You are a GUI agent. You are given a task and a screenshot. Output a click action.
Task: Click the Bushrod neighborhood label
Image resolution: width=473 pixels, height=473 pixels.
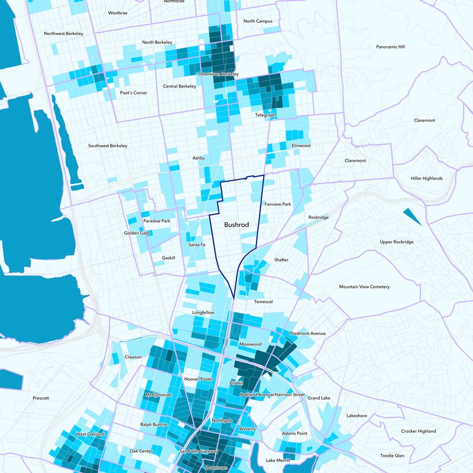237,225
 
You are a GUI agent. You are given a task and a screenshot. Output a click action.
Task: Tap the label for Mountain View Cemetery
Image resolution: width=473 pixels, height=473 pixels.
364,287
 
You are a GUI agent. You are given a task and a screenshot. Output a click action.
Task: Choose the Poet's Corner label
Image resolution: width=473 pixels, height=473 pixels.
133,93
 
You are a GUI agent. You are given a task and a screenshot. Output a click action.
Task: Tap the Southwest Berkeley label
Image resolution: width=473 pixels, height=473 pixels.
108,145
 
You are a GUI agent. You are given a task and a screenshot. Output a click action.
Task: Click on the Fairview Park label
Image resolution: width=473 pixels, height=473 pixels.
278,204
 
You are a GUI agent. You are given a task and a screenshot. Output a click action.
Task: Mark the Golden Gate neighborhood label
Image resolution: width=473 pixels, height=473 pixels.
137,233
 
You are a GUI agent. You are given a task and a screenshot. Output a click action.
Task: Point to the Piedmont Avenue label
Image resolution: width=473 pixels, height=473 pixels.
308,333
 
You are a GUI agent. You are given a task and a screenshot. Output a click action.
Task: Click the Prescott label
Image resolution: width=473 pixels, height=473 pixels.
41,398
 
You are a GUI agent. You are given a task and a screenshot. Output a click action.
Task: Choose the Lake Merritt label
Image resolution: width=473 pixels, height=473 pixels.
278,460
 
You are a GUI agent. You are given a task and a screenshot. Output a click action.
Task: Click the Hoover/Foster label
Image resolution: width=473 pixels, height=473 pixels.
198,378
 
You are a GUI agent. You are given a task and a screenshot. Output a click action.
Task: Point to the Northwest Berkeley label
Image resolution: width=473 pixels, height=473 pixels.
62,34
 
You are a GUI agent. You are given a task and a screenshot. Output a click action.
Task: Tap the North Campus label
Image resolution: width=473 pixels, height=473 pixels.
258,21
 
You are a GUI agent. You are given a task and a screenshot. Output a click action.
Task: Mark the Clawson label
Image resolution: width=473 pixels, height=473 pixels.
133,357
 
